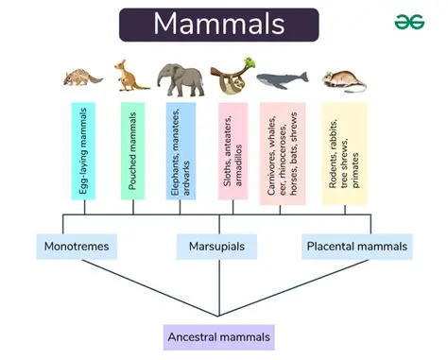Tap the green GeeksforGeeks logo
click(409, 22)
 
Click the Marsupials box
click(216, 248)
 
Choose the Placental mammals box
click(358, 248)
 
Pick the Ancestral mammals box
click(218, 336)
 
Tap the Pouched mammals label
click(134, 150)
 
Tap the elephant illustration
click(178, 79)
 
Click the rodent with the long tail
click(341, 79)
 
